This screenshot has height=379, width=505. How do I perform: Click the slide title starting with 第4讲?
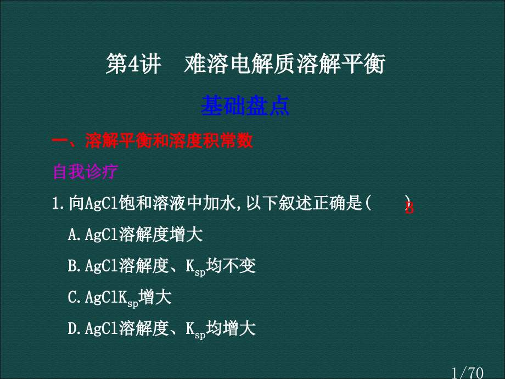pos(246,64)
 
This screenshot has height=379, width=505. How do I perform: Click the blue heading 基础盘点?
pos(245,105)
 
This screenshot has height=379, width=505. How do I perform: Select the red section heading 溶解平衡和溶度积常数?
pos(169,141)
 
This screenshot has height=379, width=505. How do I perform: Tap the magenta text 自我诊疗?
pos(85,171)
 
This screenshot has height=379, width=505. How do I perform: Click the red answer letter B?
pos(409,208)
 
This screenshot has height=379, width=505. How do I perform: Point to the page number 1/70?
pos(467,373)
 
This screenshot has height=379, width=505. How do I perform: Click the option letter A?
pos(72,235)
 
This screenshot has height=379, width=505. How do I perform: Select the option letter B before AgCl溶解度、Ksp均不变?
pos(72,266)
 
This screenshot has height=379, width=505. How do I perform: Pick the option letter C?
pos(72,297)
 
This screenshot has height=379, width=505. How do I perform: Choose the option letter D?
pos(72,328)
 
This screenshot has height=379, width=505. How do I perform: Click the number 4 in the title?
pos(133,64)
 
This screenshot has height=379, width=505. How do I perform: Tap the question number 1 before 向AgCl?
pos(57,203)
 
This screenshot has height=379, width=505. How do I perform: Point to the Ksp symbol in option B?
pos(195,267)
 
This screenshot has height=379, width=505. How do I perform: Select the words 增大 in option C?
pos(155,297)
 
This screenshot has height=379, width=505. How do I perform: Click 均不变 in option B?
pos(231,265)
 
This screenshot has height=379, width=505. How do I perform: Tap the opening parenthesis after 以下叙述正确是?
pos(368,203)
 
